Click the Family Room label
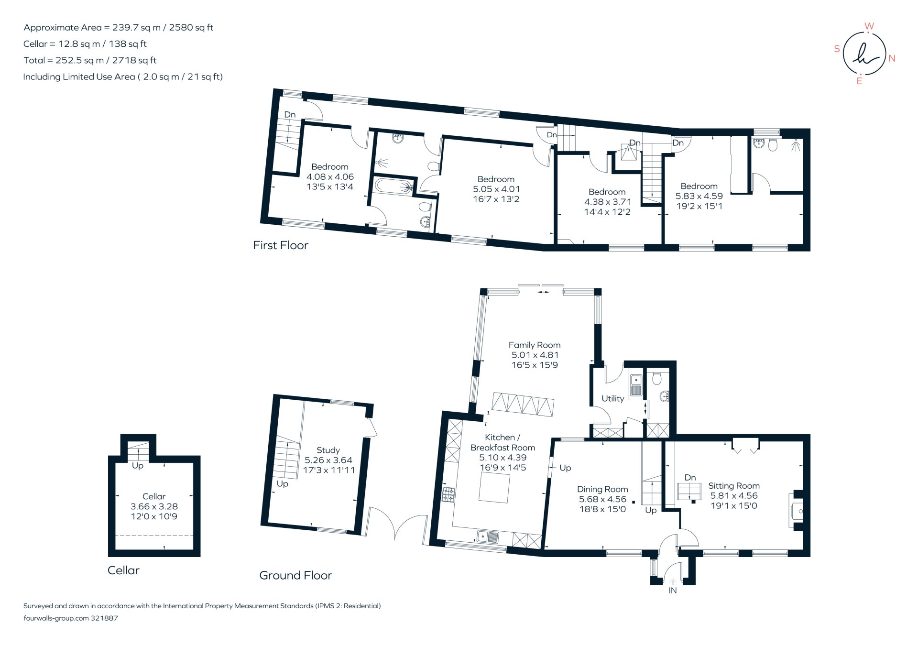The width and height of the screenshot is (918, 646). (534, 345)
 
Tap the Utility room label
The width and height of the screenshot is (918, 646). (612, 398)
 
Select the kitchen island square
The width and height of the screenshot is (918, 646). (494, 488)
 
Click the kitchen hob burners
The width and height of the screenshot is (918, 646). (448, 494)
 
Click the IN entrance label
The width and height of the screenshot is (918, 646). (672, 591)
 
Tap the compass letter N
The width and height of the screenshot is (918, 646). (892, 58)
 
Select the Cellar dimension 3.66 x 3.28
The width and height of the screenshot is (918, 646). (154, 506)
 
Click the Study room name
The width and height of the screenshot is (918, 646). (328, 450)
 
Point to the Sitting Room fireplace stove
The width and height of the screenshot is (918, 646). (798, 511)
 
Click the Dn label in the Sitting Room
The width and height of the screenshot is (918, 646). (690, 477)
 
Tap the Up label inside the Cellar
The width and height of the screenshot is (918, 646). (137, 466)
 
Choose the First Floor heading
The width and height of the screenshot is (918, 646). (280, 245)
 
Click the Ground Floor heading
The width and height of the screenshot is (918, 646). (295, 575)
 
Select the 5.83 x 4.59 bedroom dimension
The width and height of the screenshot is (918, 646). (699, 196)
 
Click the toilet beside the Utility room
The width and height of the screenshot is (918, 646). (657, 379)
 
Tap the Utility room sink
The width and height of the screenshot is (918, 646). (636, 385)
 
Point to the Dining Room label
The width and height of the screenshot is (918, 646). (602, 489)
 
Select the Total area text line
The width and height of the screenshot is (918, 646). (90, 60)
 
